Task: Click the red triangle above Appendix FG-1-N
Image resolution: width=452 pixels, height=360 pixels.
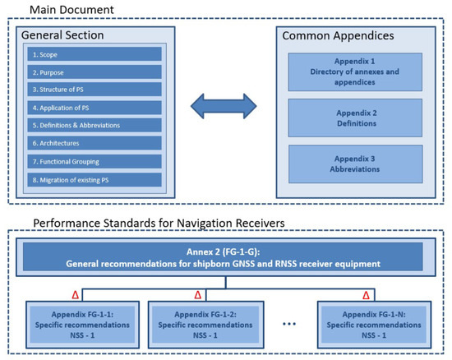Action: [367, 293]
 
